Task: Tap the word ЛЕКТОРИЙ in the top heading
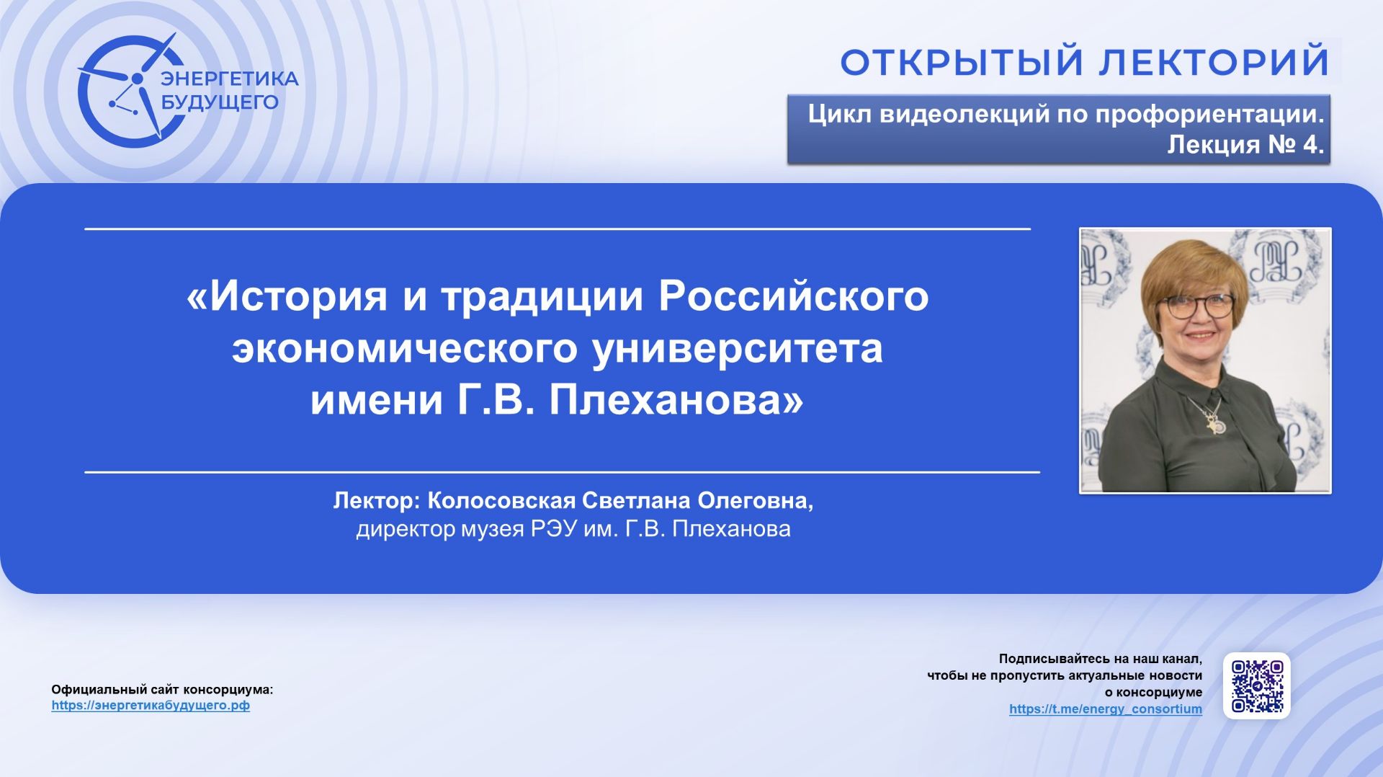[1214, 63]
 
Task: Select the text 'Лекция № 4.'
[1245, 145]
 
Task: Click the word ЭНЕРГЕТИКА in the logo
[229, 79]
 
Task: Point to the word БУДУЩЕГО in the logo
[219, 102]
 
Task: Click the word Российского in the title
[793, 296]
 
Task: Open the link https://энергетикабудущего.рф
[151, 706]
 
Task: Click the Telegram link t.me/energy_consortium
[1105, 709]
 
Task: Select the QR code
[1257, 685]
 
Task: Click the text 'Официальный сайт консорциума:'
[162, 690]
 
